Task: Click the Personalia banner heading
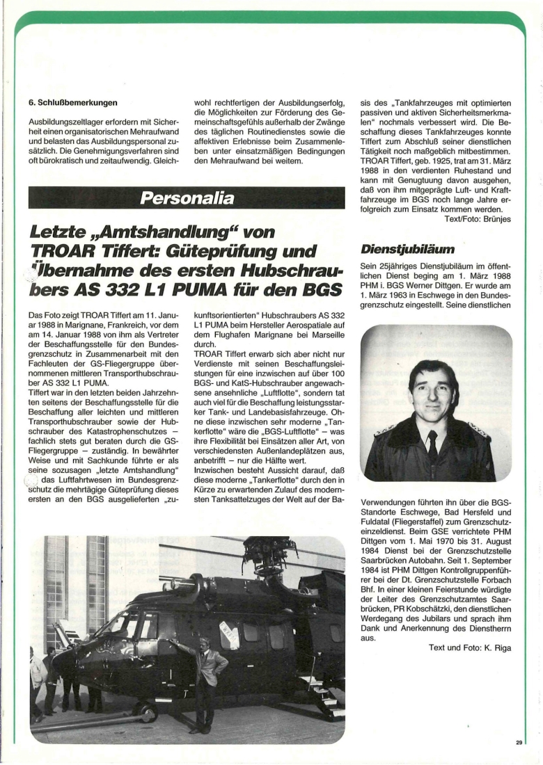[x=187, y=198]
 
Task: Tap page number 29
[x=519, y=743]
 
